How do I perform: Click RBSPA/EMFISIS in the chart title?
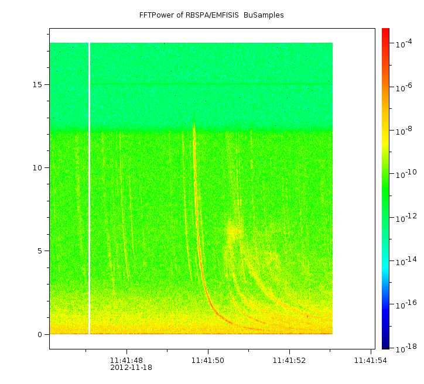214,15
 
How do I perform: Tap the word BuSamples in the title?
264,15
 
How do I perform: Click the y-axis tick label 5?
39,251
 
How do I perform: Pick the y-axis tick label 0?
39,334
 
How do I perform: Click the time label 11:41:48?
126,361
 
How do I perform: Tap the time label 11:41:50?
208,361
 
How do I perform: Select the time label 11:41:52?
289,361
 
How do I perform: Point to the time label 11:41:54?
370,361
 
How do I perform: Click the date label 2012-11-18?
131,368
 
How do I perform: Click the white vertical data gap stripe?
89,187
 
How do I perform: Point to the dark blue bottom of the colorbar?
385,346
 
